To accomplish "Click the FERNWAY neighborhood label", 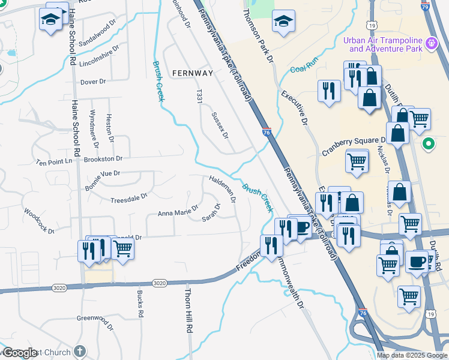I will pyautogui.click(x=192, y=73).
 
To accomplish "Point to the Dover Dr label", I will pyautogui.click(x=92, y=81).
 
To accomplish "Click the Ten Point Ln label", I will pyautogui.click(x=53, y=162).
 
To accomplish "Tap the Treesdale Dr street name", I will pyautogui.click(x=128, y=197).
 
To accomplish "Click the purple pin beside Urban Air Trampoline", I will pyautogui.click(x=430, y=44).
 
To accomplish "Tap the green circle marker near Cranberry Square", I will pyautogui.click(x=428, y=143).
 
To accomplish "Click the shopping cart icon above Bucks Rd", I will pyautogui.click(x=123, y=248).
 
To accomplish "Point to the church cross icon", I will pyautogui.click(x=80, y=352).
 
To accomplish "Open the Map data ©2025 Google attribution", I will pyautogui.click(x=411, y=355).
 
